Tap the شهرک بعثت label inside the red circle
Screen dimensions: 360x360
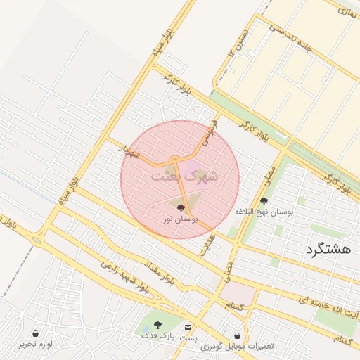pyautogui.click(x=185, y=176)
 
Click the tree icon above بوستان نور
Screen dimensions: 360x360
pyautogui.click(x=181, y=207)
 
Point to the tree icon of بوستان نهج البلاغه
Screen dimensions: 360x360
pyautogui.click(x=264, y=201)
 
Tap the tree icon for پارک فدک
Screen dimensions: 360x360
pyautogui.click(x=157, y=325)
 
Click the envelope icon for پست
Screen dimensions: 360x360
pyautogui.click(x=188, y=328)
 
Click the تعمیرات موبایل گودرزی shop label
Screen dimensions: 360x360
pyautogui.click(x=237, y=347)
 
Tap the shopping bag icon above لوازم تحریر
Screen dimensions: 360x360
pyautogui.click(x=37, y=333)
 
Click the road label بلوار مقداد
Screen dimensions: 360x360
pyautogui.click(x=160, y=271)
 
